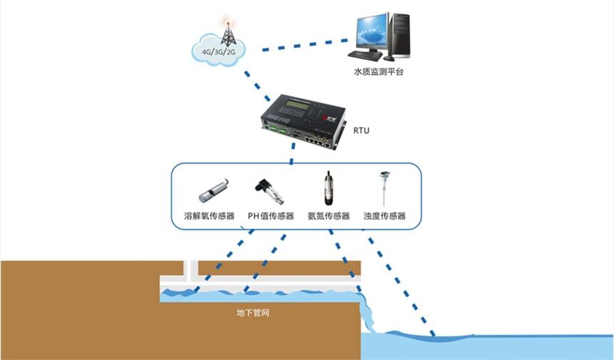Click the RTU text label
[x=363, y=131]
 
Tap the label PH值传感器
[x=271, y=216]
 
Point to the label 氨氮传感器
[x=329, y=216]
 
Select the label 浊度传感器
[x=385, y=216]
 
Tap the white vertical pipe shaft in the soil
[x=191, y=270]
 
